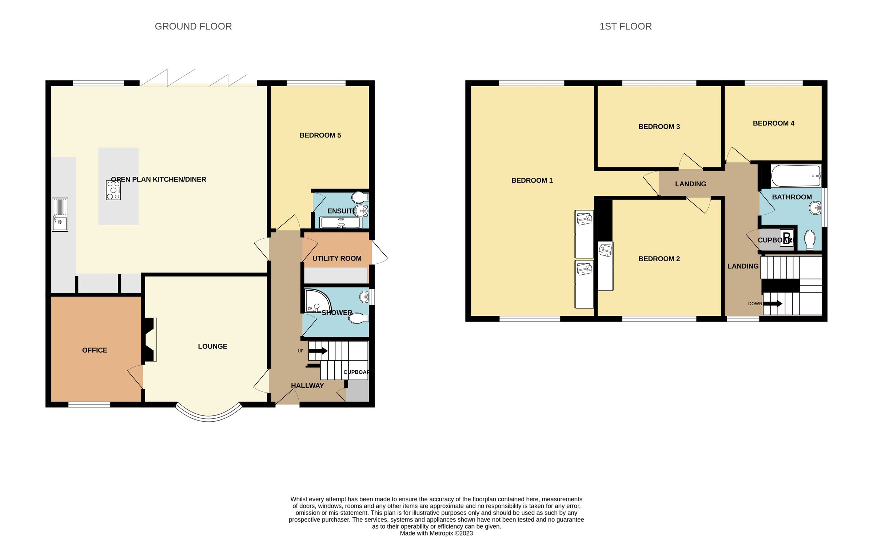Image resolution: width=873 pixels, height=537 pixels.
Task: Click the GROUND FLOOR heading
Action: (x=193, y=27)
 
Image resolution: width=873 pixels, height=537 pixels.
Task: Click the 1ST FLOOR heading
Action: (x=625, y=27)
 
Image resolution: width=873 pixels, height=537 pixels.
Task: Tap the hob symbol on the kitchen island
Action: (x=113, y=190)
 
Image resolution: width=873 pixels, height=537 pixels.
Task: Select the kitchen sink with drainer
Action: (x=60, y=215)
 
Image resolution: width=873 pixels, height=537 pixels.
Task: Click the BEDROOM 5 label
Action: (x=320, y=135)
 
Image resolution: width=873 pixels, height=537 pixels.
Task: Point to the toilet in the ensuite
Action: (x=360, y=197)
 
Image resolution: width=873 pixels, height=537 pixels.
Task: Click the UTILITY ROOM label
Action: (x=337, y=258)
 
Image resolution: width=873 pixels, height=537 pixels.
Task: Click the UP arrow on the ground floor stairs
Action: (x=318, y=351)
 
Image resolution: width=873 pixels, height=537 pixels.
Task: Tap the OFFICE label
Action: (x=95, y=350)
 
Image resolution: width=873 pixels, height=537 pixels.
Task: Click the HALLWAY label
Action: (x=307, y=386)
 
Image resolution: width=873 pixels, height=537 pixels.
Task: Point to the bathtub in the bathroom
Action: (x=796, y=176)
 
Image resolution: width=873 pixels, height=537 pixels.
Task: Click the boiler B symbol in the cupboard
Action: (x=786, y=238)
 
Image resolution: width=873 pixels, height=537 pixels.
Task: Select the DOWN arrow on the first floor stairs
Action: (x=773, y=303)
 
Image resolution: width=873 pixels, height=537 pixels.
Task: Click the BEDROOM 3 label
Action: (x=659, y=127)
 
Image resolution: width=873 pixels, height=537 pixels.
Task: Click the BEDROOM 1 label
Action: (x=532, y=180)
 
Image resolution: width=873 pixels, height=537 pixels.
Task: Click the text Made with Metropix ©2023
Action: (x=436, y=533)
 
